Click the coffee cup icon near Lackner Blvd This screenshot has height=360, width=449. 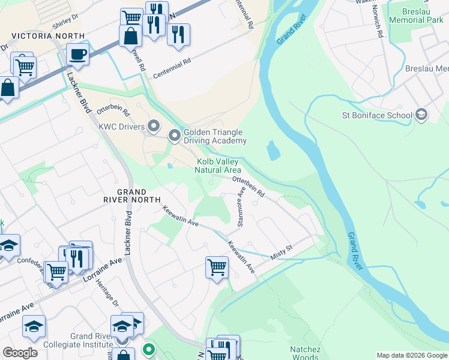pos(77,55)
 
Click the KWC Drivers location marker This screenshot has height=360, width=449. pos(154,126)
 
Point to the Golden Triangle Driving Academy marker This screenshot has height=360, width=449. pos(175,136)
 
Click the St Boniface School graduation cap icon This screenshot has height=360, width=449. pos(421,115)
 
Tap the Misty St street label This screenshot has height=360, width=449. pos(281,252)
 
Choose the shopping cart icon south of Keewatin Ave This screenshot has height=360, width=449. pos(216,267)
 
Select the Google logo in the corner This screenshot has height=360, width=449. pos(20,353)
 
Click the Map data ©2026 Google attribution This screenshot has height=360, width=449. pos(411,355)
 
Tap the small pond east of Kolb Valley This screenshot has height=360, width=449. pos(273,150)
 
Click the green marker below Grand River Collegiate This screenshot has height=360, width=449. pos(148,349)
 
